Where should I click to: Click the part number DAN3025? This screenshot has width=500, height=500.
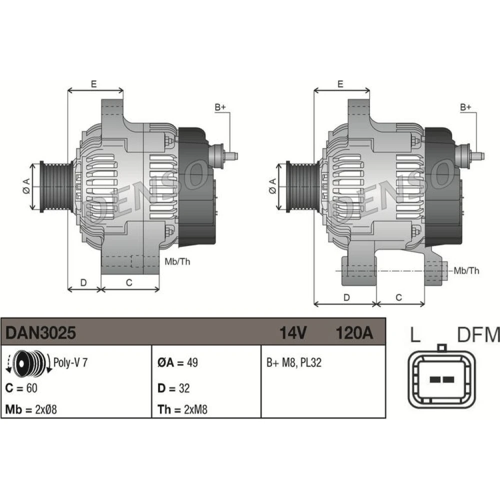pyautogui.click(x=40, y=332)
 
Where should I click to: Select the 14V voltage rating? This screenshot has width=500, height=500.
pyautogui.click(x=293, y=332)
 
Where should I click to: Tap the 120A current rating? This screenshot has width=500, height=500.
pyautogui.click(x=354, y=332)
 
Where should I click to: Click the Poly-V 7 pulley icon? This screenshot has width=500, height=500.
pyautogui.click(x=28, y=363)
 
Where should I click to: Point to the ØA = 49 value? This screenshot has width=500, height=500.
pyautogui.click(x=177, y=362)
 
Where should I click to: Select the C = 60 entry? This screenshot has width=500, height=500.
pyautogui.click(x=21, y=388)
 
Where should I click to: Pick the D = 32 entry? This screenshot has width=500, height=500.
pyautogui.click(x=173, y=388)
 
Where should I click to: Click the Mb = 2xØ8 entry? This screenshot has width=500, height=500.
pyautogui.click(x=31, y=409)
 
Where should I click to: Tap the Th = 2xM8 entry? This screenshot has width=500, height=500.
pyautogui.click(x=182, y=409)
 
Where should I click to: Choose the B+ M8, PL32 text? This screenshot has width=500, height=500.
pyautogui.click(x=294, y=362)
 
